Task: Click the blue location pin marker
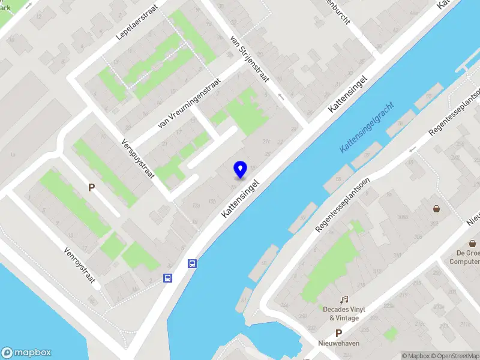pyautogui.click(x=240, y=169)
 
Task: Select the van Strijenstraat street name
pyautogui.click(x=250, y=58)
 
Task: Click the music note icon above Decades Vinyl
pyautogui.click(x=344, y=299)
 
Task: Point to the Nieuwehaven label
pyautogui.click(x=338, y=343)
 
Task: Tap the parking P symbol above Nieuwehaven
pyautogui.click(x=338, y=333)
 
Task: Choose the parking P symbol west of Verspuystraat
pyautogui.click(x=92, y=188)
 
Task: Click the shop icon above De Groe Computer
pyautogui.click(x=473, y=244)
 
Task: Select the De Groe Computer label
pyautogui.click(x=465, y=257)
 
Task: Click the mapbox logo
pyautogui.click(x=26, y=353)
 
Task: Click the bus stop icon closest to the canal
pyautogui.click(x=193, y=263)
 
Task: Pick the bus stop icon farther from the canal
pyautogui.click(x=168, y=278)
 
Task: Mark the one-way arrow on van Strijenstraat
pyautogui.click(x=280, y=96)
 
